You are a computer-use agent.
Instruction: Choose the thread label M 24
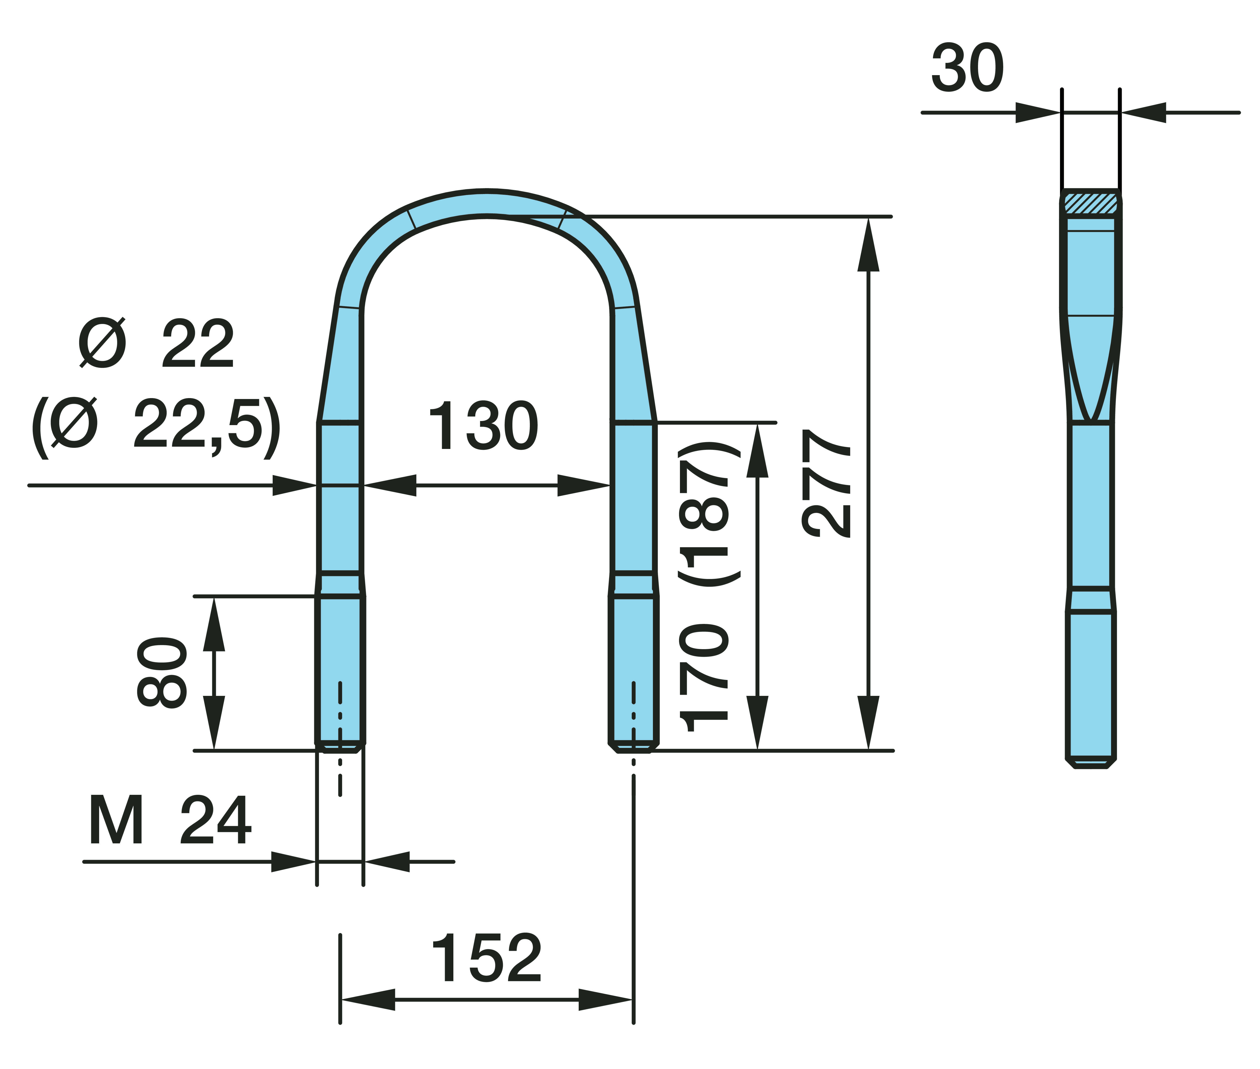click(x=170, y=820)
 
